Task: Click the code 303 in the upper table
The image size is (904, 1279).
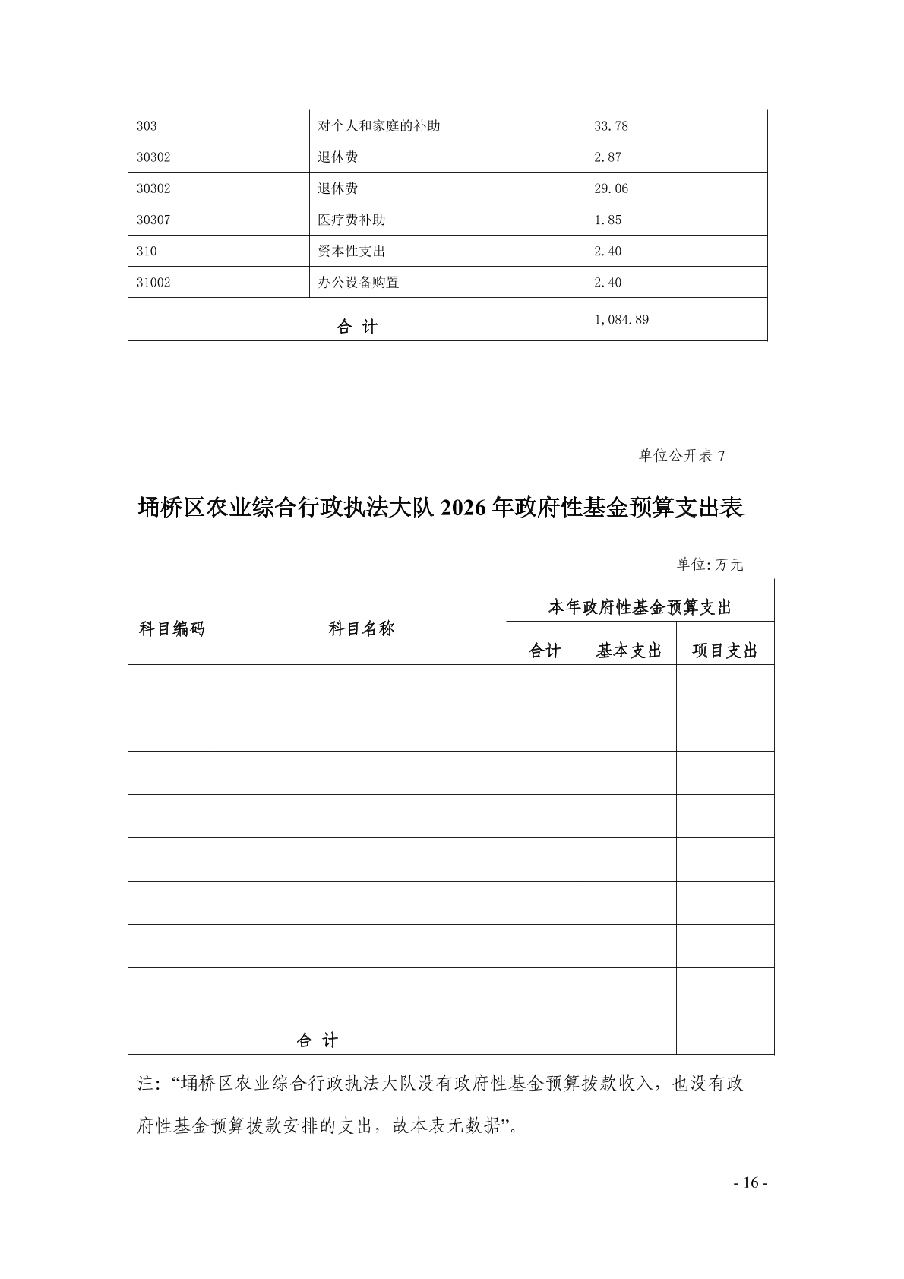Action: (147, 126)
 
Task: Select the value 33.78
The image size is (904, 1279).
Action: (611, 126)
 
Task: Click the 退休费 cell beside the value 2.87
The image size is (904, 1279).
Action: (338, 157)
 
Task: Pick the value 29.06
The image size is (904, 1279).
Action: (611, 188)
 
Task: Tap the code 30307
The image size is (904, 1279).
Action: (153, 220)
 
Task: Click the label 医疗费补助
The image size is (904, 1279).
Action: (352, 220)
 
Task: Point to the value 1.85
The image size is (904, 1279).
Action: (608, 220)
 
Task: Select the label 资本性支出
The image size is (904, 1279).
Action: (352, 251)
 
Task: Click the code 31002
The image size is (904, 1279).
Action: (153, 282)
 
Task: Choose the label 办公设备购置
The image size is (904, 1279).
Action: (359, 282)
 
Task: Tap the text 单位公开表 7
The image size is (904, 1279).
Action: (681, 455)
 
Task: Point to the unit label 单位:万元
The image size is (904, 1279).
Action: (710, 564)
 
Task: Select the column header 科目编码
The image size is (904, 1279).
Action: (172, 629)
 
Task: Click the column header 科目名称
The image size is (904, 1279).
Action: (362, 629)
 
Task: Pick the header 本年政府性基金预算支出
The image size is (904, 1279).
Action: (640, 608)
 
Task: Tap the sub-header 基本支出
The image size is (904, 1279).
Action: (629, 651)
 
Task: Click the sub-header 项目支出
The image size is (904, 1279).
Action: (725, 651)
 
